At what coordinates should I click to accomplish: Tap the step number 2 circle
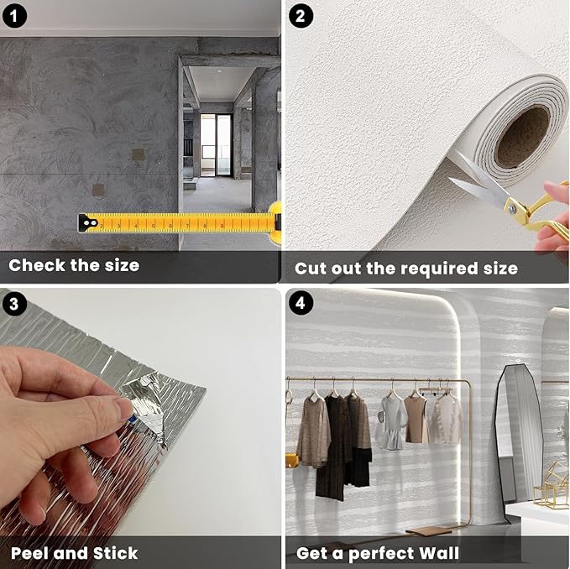tap(301, 16)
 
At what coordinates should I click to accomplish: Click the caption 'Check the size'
tap(74, 266)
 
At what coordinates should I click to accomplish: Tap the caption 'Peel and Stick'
tap(74, 553)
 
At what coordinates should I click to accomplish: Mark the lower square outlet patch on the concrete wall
tap(98, 191)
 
